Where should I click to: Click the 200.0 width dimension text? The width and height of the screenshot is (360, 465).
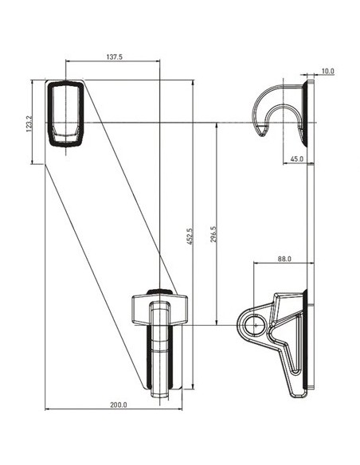[x=118, y=405]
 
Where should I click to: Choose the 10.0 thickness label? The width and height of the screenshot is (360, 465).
[x=328, y=72]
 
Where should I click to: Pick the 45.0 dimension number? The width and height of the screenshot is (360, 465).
[x=297, y=158]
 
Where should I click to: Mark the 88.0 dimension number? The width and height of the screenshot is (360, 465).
[x=284, y=259]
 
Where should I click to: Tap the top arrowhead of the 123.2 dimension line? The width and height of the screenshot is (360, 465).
[x=33, y=81]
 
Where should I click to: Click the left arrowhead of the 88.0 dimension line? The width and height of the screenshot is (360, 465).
[x=255, y=264]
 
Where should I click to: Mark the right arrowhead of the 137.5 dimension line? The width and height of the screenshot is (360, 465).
[x=158, y=62]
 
